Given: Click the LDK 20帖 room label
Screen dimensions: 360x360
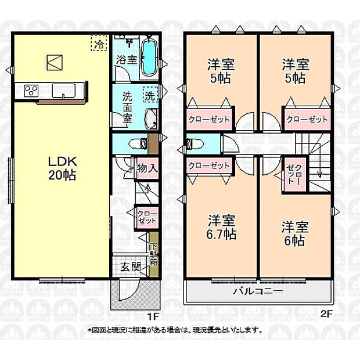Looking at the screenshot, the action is (x=62, y=168).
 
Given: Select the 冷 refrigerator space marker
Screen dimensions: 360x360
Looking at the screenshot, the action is (x=99, y=43).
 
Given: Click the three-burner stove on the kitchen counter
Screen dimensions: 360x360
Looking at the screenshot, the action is (x=31, y=91).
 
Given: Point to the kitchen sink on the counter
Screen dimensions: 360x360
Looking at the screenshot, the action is (x=64, y=91).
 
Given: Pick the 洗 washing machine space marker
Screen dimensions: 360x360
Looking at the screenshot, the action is (x=150, y=95).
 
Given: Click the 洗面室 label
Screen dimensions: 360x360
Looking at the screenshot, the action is (x=127, y=108).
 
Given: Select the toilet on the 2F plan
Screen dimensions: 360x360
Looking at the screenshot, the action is (x=195, y=144).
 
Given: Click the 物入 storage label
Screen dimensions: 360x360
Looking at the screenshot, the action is (x=147, y=168).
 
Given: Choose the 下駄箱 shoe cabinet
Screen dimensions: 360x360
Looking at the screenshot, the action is (x=153, y=254).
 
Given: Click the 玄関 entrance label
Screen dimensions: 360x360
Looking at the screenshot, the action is (x=131, y=267).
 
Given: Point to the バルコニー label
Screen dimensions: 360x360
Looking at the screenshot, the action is (x=258, y=291).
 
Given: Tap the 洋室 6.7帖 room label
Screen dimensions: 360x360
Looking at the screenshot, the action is (x=222, y=227).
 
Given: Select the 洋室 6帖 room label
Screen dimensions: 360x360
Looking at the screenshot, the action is (x=295, y=233).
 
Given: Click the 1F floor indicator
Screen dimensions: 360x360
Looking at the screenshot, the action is (x=153, y=316).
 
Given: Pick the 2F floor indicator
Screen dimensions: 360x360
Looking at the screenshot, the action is (x=326, y=314).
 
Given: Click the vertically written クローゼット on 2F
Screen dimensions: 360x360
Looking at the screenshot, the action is (x=294, y=174).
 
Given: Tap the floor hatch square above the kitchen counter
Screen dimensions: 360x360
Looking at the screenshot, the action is (x=55, y=63).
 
